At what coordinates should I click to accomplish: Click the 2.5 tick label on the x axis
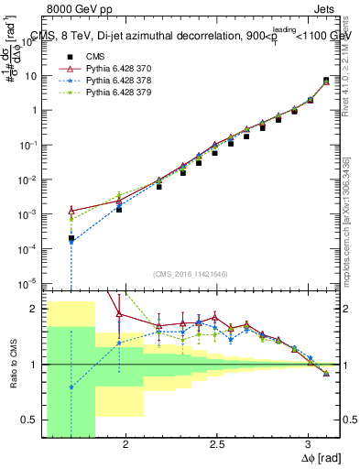click(217, 444)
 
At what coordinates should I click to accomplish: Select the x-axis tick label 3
click(309, 444)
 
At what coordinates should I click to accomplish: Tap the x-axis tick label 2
click(125, 444)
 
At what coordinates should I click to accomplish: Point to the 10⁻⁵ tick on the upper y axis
click(29, 281)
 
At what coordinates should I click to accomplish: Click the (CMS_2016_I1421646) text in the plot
click(191, 274)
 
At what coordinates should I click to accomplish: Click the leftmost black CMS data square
click(71, 238)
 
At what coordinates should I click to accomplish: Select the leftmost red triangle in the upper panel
click(71, 211)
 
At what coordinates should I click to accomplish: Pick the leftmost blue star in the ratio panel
click(71, 387)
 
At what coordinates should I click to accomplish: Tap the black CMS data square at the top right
click(326, 81)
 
